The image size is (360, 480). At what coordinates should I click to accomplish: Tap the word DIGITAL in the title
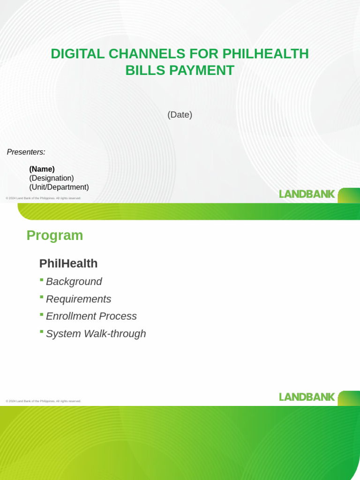[x=78, y=54]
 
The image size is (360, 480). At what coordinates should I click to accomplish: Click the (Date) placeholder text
[x=180, y=114]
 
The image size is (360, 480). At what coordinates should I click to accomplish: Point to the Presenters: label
[x=26, y=152]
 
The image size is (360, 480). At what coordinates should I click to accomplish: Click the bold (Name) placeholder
[x=42, y=169]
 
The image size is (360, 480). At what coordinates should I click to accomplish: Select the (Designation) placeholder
[x=52, y=178]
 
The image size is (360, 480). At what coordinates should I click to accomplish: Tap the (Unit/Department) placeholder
[x=59, y=187]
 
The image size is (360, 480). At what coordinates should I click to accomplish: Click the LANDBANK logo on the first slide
[x=307, y=194]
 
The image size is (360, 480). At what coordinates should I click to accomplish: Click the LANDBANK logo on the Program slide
[x=307, y=397]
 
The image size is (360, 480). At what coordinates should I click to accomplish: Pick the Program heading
[x=55, y=235]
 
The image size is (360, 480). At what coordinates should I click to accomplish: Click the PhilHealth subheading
[x=68, y=263]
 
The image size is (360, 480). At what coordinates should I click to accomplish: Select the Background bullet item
[x=74, y=282]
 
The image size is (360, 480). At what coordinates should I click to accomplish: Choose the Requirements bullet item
[x=79, y=299]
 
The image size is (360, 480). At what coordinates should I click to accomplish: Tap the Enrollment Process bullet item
[x=91, y=316]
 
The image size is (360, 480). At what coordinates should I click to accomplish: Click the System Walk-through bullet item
[x=96, y=334]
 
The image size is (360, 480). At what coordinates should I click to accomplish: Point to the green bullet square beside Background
[x=42, y=280]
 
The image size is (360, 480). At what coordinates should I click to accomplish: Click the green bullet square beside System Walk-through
[x=42, y=332]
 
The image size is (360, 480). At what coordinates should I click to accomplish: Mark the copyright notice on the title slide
[x=44, y=198]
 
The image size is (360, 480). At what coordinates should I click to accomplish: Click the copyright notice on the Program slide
[x=44, y=401]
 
